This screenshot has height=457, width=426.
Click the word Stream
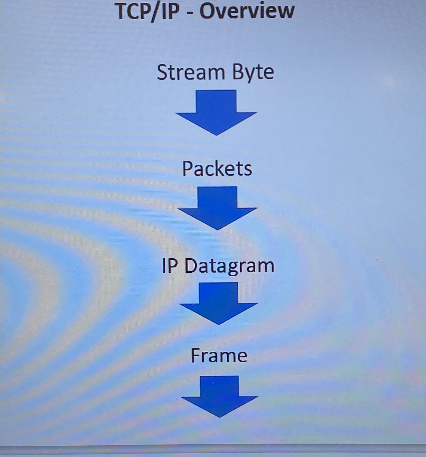pyautogui.click(x=191, y=72)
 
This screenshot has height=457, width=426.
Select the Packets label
pyautogui.click(x=217, y=169)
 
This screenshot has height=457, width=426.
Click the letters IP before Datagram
pyautogui.click(x=169, y=266)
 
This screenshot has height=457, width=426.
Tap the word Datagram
pyautogui.click(x=229, y=266)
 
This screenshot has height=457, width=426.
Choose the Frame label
pyautogui.click(x=219, y=355)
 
